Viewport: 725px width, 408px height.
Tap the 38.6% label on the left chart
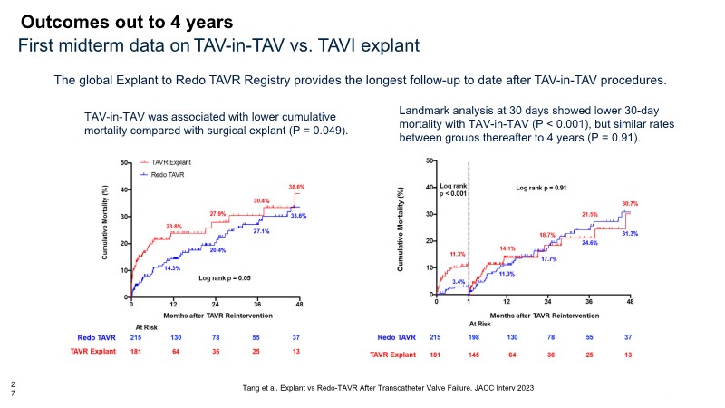[x=296, y=187]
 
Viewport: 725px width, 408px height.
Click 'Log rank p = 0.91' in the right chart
[x=542, y=188]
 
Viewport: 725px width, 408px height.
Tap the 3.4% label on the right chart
[x=459, y=283]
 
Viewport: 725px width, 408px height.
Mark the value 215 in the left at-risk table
[x=132, y=337]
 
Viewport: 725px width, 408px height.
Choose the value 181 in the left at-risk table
[x=132, y=350]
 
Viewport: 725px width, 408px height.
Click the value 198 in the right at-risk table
[x=468, y=337]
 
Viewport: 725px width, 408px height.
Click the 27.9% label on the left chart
[x=217, y=214]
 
